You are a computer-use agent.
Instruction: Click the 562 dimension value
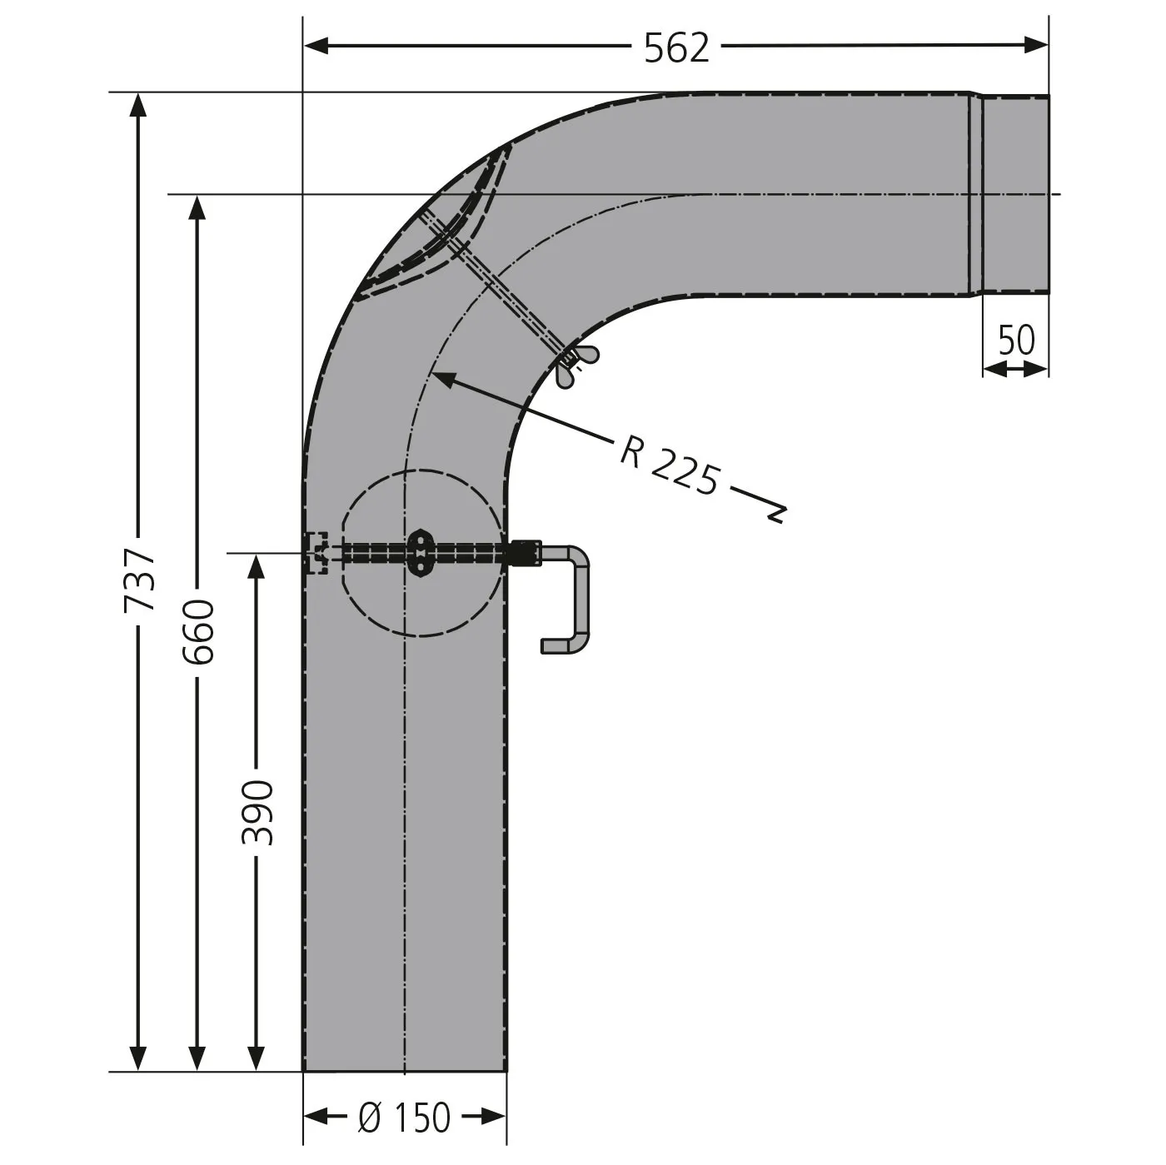(x=676, y=47)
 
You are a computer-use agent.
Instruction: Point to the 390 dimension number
(x=257, y=813)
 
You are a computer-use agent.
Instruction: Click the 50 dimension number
(x=1016, y=340)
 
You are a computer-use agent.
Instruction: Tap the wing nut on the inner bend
(x=575, y=366)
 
